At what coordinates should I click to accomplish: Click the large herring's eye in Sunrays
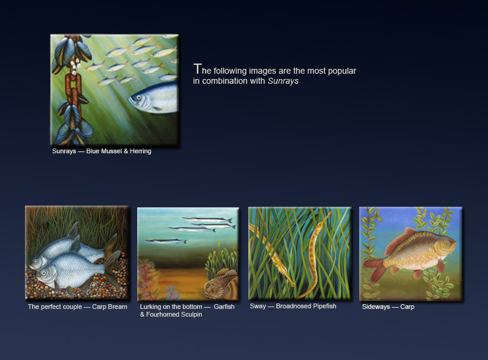pos(139,98)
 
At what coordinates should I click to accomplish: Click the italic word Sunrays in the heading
pos(283,81)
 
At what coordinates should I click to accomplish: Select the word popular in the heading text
pos(342,71)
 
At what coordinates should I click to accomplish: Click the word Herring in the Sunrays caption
pos(140,151)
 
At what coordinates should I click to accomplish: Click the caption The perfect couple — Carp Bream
pos(78,307)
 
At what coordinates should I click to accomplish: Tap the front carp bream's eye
pos(44,273)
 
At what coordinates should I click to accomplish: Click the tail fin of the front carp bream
pos(113,269)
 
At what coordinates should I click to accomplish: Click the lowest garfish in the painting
pos(166,241)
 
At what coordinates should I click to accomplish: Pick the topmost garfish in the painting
pos(207,220)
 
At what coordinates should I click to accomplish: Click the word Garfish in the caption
pos(224,307)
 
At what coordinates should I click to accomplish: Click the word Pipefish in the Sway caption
pos(325,306)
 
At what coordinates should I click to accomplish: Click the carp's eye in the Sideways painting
pos(446,242)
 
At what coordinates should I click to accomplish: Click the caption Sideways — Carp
pos(388,307)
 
